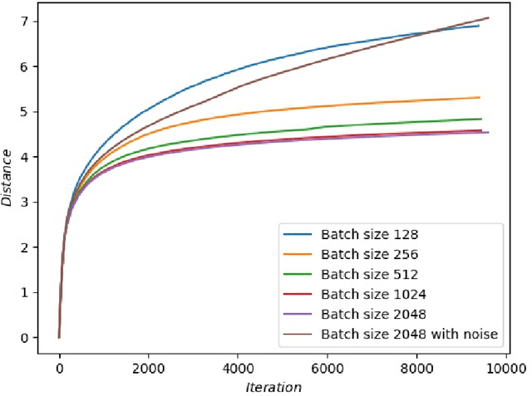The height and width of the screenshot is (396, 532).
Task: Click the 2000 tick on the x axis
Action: pyautogui.click(x=148, y=368)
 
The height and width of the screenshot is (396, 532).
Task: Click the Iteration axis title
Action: pyautogui.click(x=273, y=387)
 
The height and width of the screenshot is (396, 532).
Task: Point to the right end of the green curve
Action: pyautogui.click(x=480, y=119)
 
